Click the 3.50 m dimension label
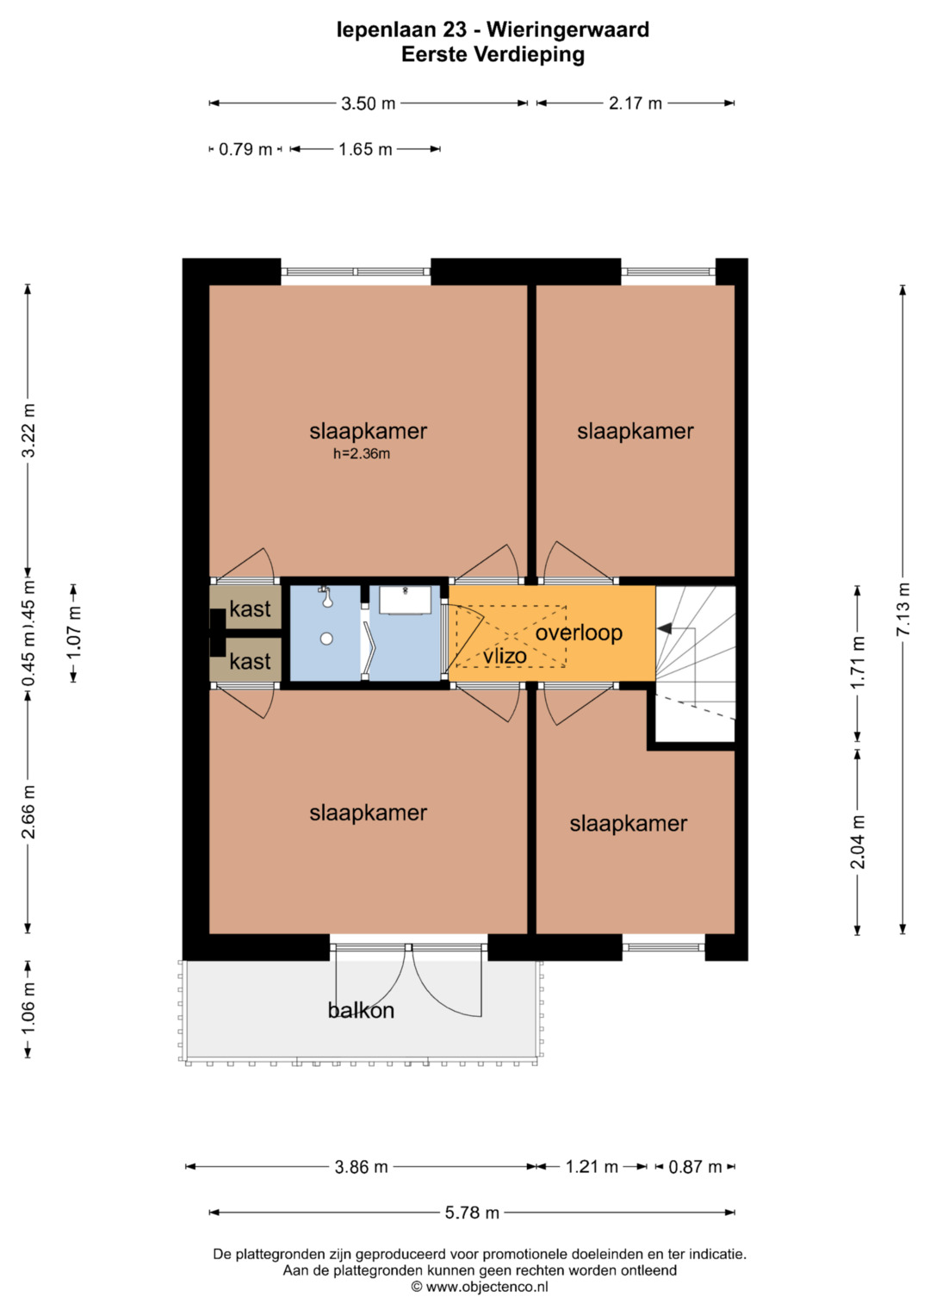click(x=369, y=103)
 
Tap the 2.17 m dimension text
click(x=635, y=103)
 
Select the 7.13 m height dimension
click(x=903, y=608)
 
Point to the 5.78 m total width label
click(x=472, y=1212)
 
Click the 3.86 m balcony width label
click(x=361, y=1166)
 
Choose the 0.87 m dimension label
click(x=695, y=1166)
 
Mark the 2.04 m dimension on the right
click(x=858, y=841)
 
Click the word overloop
click(x=579, y=633)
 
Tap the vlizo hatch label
click(x=505, y=656)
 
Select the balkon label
click(x=361, y=1010)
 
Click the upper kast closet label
click(x=250, y=608)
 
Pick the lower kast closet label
click(x=250, y=662)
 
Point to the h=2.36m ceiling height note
click(x=362, y=453)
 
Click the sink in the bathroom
click(x=405, y=600)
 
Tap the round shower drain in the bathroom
click(x=327, y=639)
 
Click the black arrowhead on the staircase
click(x=664, y=628)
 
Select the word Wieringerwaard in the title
click(x=568, y=29)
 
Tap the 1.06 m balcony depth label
click(x=28, y=1007)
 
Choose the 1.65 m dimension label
click(x=365, y=149)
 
